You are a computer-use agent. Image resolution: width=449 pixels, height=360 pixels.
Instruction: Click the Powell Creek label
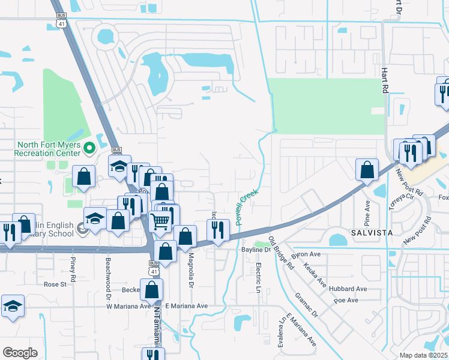click(247, 208)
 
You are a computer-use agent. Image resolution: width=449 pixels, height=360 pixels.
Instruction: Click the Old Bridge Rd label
click(281, 253)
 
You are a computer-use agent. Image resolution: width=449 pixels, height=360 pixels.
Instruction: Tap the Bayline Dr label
click(257, 249)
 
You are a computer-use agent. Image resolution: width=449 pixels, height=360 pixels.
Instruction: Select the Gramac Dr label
click(306, 305)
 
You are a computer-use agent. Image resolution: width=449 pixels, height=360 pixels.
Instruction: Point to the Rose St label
click(54, 284)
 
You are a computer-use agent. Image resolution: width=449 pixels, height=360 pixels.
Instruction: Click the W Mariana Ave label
click(128, 306)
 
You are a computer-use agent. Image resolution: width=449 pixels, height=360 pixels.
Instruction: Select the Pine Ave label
click(367, 210)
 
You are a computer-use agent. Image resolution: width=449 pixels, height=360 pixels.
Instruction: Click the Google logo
click(19, 353)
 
